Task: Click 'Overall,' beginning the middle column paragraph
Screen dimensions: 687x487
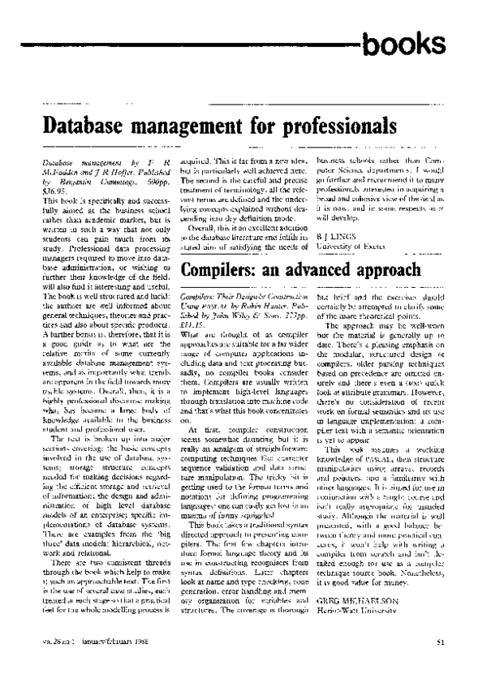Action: pos(201,205)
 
